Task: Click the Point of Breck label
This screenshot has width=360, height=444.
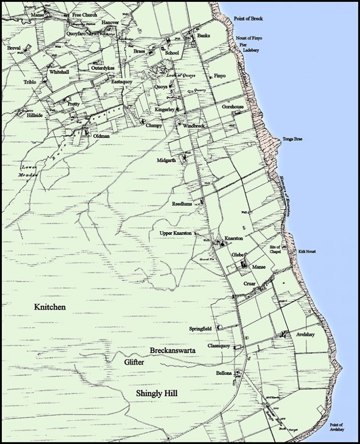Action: tap(248, 19)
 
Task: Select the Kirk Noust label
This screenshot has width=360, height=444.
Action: tap(307, 252)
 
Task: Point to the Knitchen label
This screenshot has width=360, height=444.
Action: tap(50, 307)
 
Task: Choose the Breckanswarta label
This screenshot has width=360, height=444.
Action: tap(172, 350)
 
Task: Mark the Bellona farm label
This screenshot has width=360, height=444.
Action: tap(224, 373)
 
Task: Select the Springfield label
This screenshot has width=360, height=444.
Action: tap(200, 329)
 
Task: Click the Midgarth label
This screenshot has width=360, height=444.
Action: tap(167, 160)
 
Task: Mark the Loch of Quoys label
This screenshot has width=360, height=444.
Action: tap(181, 75)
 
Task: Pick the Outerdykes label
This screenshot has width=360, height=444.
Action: tap(103, 68)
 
